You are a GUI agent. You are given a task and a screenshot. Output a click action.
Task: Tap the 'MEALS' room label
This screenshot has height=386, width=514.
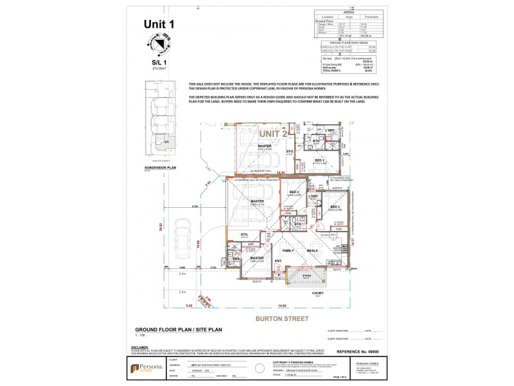click(312, 250)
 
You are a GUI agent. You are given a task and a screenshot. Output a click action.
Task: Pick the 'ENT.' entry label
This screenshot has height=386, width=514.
click(278, 261)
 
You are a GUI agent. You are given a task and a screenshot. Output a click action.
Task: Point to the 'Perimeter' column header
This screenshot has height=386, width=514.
click(371, 17)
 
